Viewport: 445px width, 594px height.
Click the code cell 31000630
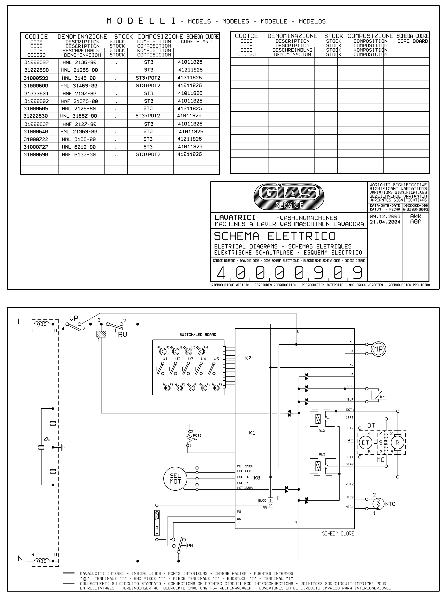click(36, 116)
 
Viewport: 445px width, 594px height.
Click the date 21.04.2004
click(385, 222)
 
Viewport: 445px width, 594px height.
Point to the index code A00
click(416, 216)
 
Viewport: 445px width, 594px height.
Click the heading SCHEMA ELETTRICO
click(275, 236)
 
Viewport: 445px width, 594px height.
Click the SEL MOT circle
click(175, 479)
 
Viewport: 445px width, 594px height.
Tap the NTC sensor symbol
click(379, 504)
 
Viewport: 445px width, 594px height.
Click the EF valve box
click(379, 395)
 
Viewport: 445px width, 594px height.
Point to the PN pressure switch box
click(190, 545)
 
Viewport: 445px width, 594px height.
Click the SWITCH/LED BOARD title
click(198, 335)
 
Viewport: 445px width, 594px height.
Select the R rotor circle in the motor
click(398, 442)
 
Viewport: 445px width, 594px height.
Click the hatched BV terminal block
click(101, 334)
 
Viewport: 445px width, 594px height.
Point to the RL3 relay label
click(322, 455)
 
